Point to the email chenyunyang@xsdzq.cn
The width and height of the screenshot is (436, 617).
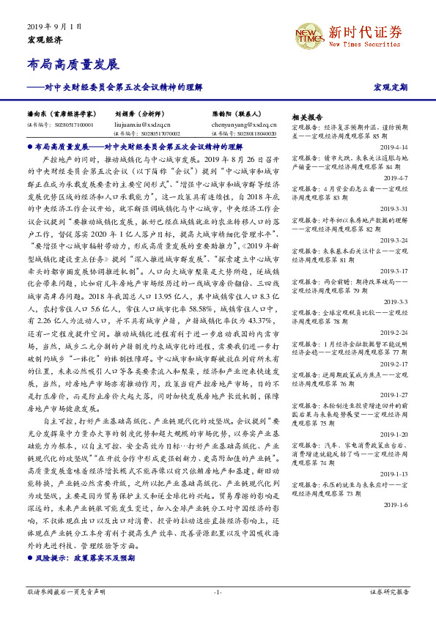coord(240,125)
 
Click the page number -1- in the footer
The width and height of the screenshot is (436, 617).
coord(218,591)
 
